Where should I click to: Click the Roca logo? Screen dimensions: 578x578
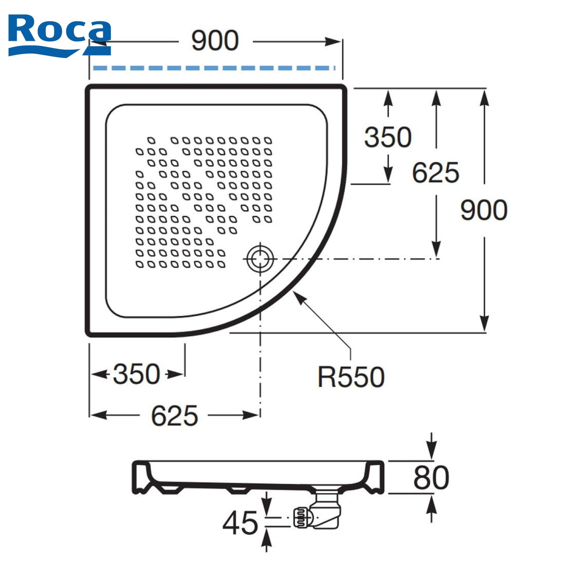60,35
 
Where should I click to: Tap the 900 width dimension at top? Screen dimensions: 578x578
215,40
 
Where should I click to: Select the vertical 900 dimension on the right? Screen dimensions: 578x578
484,210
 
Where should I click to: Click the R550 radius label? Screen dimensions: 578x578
351,377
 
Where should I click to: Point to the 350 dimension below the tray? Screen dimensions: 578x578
137,374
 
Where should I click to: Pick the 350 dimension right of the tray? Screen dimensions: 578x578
388,137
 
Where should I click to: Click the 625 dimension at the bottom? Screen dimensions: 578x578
175,416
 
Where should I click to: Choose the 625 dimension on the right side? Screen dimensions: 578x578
436,172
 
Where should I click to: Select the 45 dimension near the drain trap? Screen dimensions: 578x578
240,523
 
